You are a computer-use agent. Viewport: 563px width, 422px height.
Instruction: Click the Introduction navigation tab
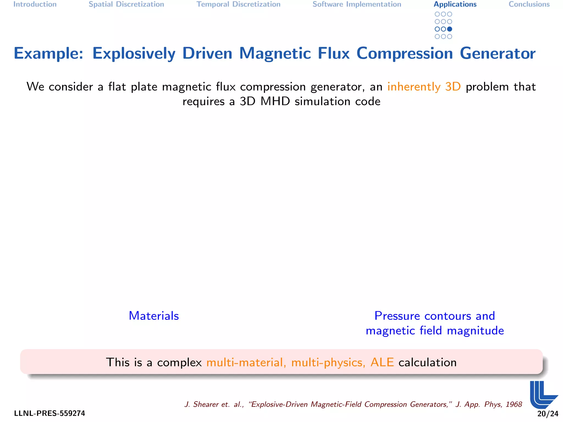click(x=35, y=4)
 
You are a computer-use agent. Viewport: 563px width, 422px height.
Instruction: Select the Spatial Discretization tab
click(x=126, y=4)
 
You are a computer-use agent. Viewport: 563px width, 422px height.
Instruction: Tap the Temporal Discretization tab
click(x=238, y=4)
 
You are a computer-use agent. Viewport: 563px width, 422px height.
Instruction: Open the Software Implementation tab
click(x=357, y=4)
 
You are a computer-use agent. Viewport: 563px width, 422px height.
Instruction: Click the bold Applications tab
click(x=455, y=4)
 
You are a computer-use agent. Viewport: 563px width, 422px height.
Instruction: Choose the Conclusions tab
click(x=529, y=4)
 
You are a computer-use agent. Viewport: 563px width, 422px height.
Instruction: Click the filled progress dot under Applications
click(x=450, y=29)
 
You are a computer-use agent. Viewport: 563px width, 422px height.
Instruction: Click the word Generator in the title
click(x=498, y=53)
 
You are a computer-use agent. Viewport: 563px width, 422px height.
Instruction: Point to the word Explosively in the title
click(x=134, y=53)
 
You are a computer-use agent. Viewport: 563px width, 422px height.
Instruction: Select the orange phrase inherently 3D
click(x=424, y=87)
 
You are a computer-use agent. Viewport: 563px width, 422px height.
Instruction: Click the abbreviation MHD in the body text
click(x=275, y=102)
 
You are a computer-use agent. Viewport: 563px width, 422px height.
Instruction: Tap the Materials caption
click(x=154, y=316)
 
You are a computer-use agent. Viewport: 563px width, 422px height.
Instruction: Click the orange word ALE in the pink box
click(x=382, y=362)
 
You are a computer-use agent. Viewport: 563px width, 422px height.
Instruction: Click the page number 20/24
click(x=548, y=414)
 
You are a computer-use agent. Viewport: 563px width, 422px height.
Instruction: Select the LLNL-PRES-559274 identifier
click(x=49, y=413)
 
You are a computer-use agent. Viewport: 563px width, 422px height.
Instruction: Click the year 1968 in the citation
click(x=514, y=404)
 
